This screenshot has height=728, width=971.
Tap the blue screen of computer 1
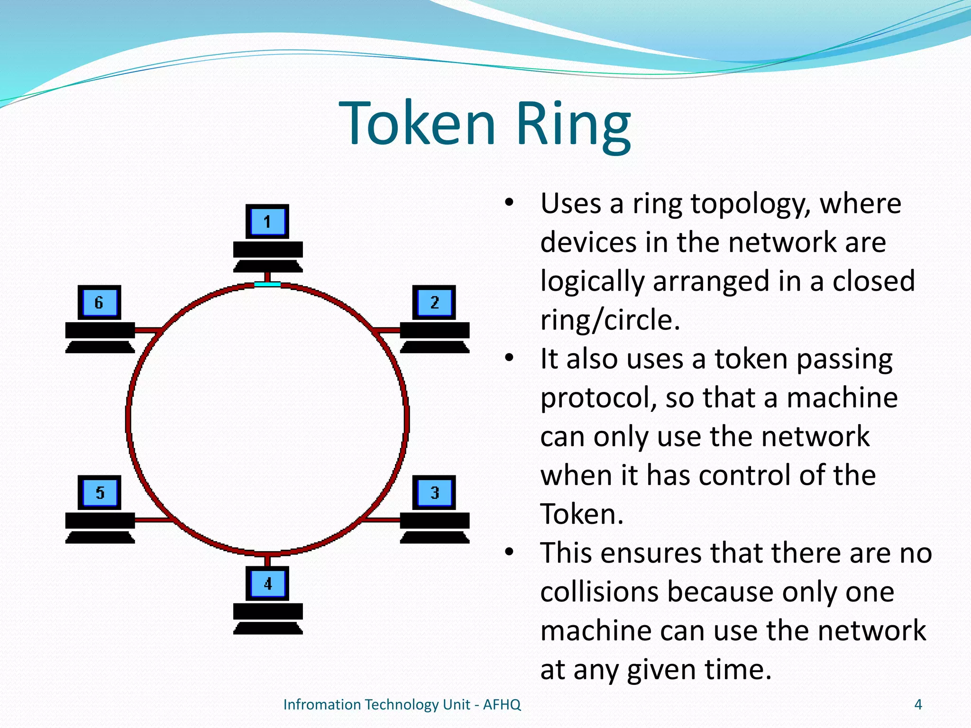(267, 221)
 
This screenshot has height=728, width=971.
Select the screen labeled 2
(434, 302)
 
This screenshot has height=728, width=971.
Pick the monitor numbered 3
(434, 492)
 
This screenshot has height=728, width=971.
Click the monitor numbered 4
(267, 583)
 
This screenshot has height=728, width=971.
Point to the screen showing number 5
(100, 492)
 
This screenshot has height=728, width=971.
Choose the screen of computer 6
(100, 302)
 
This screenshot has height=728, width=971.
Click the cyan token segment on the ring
(267, 284)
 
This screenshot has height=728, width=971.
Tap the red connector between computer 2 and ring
(386, 330)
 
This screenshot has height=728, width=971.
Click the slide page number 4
(918, 705)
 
